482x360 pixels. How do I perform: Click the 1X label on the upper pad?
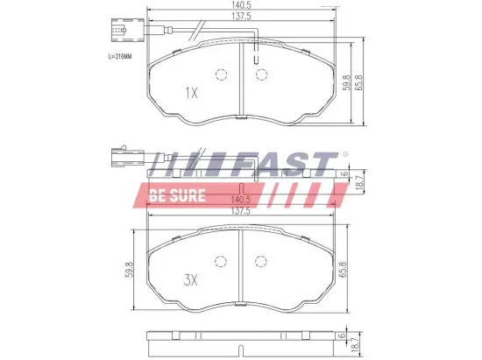193,91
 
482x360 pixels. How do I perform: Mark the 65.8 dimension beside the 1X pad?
359,84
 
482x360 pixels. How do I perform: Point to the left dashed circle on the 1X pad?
222,74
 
